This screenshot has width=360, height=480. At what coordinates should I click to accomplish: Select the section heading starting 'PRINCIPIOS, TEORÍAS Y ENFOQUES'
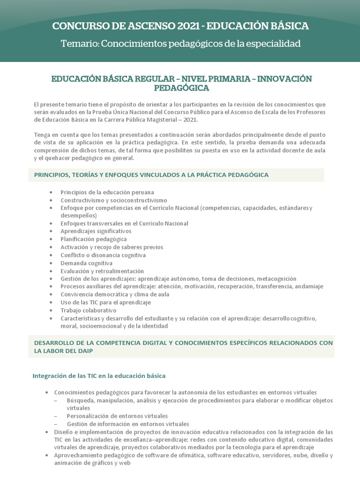pos(151,175)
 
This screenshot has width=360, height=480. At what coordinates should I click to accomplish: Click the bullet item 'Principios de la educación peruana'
pos(107,192)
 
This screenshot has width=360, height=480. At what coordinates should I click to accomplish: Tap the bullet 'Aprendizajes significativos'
pos(96,231)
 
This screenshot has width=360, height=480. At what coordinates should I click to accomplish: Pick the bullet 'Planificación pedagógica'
pos(93,239)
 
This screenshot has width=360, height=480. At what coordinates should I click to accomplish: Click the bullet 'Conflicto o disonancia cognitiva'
pos(103,255)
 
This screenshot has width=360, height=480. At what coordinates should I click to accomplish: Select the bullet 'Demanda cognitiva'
pos(86,263)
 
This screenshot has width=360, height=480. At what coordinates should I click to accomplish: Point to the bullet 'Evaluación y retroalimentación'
pos(102,271)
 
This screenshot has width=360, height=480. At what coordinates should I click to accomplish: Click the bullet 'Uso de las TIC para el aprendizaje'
pos(105,302)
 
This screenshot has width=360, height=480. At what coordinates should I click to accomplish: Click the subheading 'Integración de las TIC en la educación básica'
pos(98,376)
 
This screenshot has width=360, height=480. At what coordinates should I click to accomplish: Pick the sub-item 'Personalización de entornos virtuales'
pos(117,416)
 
